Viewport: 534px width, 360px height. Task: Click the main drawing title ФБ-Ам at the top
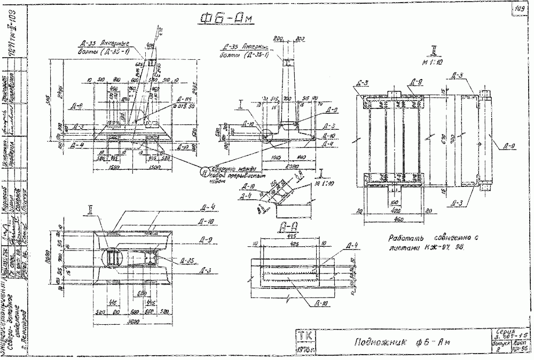(x=226, y=20)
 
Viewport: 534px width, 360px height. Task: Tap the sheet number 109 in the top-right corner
(x=519, y=7)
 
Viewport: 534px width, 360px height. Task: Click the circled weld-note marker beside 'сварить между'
(x=205, y=171)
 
